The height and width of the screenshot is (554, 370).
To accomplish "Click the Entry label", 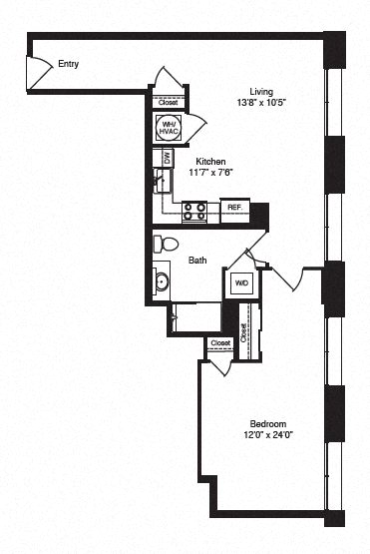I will click(x=68, y=65).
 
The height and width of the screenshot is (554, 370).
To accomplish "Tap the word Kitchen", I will click(x=209, y=161).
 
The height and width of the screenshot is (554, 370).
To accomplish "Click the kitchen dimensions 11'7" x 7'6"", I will click(x=210, y=172).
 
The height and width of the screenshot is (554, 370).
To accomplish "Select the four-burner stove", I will click(x=193, y=211).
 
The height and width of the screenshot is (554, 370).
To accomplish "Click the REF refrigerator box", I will click(x=233, y=208).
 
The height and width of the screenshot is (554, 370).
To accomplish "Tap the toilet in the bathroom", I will click(x=167, y=244).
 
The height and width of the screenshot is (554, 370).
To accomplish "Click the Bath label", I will click(x=197, y=261).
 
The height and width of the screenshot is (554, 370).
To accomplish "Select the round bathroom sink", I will click(x=162, y=280).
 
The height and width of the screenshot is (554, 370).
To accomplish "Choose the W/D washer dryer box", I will click(x=240, y=283).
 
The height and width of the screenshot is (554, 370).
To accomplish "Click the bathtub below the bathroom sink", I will click(x=195, y=316).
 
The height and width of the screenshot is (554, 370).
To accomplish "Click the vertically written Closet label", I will click(x=244, y=332).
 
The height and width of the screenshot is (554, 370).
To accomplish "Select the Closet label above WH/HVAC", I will click(x=168, y=102).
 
